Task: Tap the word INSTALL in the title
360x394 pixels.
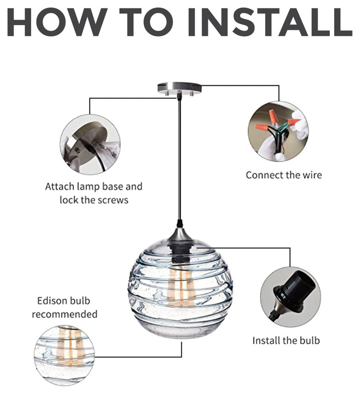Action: (270, 22)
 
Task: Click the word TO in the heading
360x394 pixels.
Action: (146, 22)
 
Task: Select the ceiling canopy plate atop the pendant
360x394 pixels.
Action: (180, 89)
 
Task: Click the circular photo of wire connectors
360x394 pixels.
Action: (278, 131)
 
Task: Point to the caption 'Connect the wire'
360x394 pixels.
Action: (284, 175)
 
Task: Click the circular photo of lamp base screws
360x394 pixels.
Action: (90, 144)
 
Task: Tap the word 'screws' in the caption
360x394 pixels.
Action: (113, 200)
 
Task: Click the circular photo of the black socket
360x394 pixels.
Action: (290, 297)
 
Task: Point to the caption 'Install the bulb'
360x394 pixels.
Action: (286, 341)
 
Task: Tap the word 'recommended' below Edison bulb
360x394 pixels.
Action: (65, 314)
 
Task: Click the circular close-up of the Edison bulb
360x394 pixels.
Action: (64, 355)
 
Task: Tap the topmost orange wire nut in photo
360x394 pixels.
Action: (274, 116)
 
